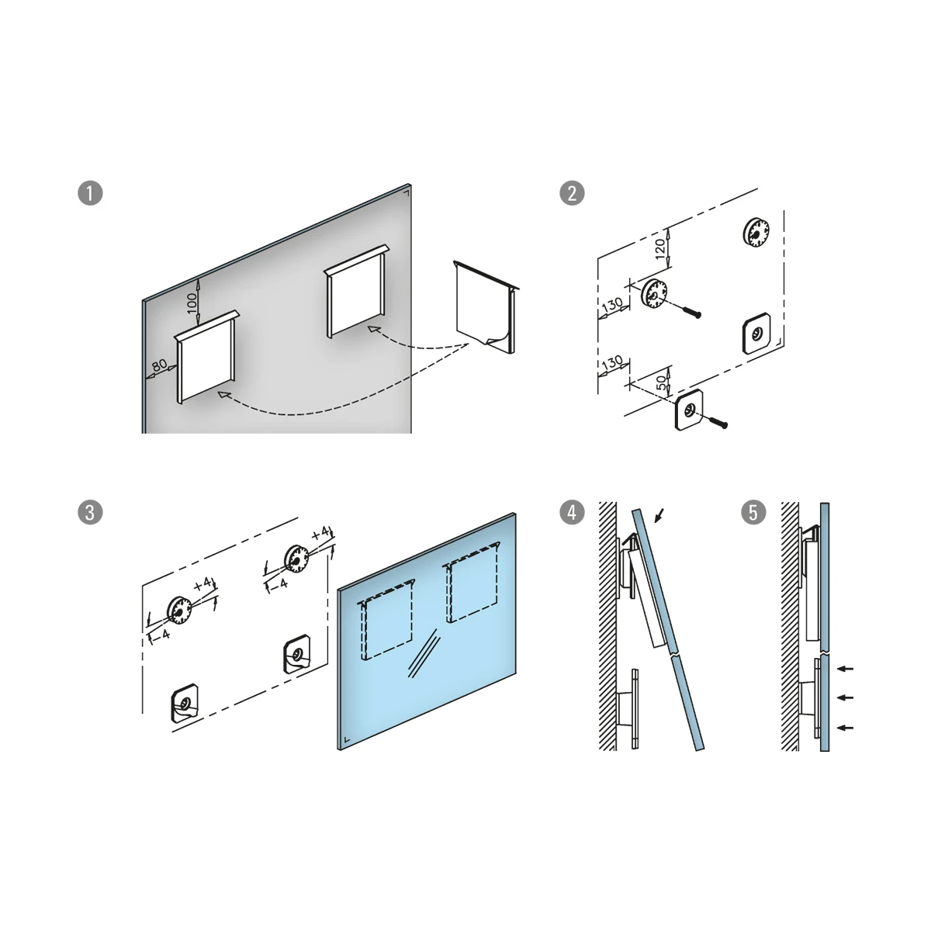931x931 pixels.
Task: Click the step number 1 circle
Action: coord(90,192)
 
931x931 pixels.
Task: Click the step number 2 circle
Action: coord(572,192)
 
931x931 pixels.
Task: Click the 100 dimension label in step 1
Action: coord(192,303)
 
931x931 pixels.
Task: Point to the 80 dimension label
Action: coord(160,365)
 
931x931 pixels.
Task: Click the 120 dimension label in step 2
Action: coord(660,248)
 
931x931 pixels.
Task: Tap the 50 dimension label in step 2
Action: coord(661,382)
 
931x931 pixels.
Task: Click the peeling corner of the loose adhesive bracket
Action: coord(497,338)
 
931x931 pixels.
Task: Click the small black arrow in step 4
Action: coord(659,515)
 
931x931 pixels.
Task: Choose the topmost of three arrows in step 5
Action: coord(845,669)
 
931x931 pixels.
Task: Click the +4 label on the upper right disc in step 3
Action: coord(320,533)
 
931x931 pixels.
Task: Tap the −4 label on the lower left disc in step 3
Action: coord(161,634)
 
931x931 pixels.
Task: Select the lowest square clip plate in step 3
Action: coord(184,703)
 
